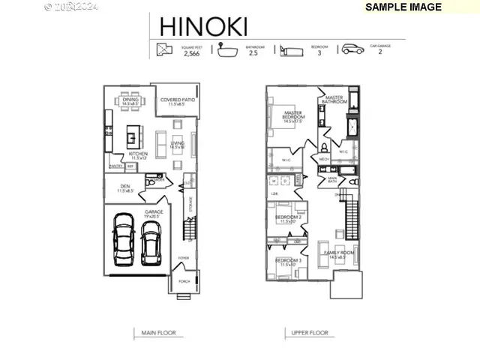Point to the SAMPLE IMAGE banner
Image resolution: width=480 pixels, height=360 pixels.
(x=404, y=7)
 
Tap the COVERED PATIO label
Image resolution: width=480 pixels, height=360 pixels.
(x=178, y=101)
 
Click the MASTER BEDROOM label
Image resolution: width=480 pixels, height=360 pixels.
(x=293, y=116)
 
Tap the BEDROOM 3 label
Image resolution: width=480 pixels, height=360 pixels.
(x=289, y=262)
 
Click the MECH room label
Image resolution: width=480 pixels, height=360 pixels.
(x=324, y=159)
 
